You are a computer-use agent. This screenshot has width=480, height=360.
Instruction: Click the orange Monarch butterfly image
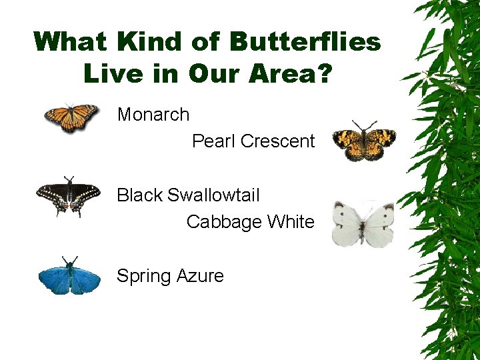(x=71, y=118)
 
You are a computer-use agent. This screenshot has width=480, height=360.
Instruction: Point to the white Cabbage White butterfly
(x=363, y=224)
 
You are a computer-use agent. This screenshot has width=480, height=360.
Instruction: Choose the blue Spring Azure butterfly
(x=69, y=276)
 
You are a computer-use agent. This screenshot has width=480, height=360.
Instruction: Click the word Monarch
(x=153, y=115)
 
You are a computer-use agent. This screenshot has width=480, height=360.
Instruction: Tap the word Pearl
(x=213, y=141)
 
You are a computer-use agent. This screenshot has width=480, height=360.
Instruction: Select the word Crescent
(x=277, y=141)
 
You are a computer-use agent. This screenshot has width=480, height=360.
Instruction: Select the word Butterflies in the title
(x=305, y=42)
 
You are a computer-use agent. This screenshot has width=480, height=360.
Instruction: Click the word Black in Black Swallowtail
(x=139, y=195)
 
